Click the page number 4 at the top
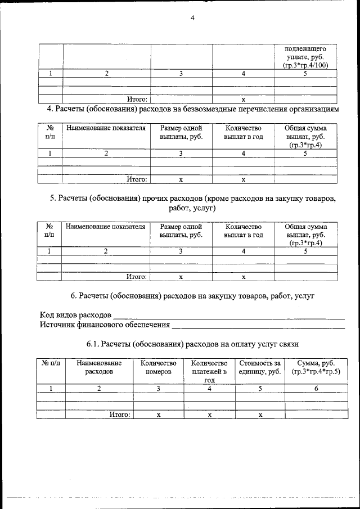pyautogui.click(x=192, y=18)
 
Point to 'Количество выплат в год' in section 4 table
pyautogui.click(x=243, y=133)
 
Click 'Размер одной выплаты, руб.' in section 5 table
pyautogui.click(x=181, y=231)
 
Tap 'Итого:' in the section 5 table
pyautogui.click(x=137, y=277)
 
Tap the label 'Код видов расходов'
pyautogui.click(x=75, y=314)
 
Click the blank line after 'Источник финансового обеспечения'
pyautogui.click(x=258, y=325)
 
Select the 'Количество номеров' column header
pyautogui.click(x=158, y=368)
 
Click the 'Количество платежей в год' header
pyautogui.click(x=209, y=372)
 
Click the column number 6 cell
pyautogui.click(x=316, y=388)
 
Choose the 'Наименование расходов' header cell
pyautogui.click(x=99, y=368)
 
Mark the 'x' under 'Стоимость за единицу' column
pyautogui.click(x=260, y=415)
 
